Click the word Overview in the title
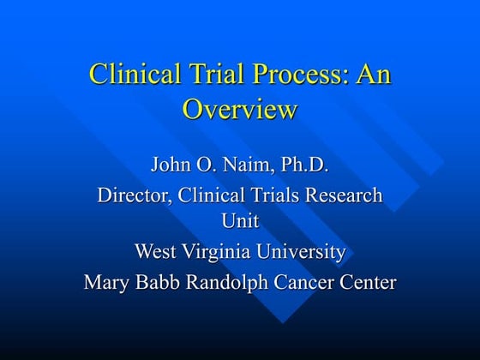[240, 109]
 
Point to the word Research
[343, 195]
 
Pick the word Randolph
[230, 282]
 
